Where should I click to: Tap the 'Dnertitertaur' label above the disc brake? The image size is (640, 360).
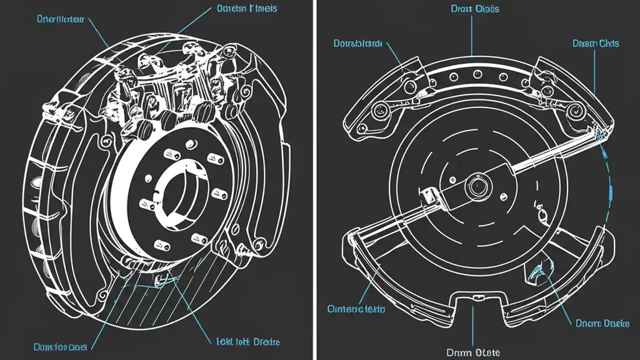(x=60, y=19)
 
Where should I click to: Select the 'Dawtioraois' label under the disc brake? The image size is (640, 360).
(x=60, y=346)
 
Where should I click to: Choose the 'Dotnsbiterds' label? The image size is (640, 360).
(x=357, y=44)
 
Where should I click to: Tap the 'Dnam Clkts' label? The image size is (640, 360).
(x=595, y=43)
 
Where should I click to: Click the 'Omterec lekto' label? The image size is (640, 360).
(x=356, y=309)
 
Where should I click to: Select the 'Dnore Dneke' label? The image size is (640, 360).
(x=602, y=323)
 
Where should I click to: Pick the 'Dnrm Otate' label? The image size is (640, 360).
(x=472, y=352)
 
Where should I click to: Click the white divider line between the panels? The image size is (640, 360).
(x=314, y=180)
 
